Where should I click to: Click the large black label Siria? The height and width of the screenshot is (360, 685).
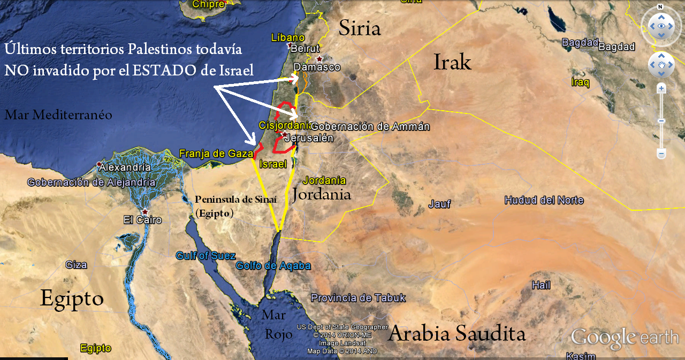(359, 28)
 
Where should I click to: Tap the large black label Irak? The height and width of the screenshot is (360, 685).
(452, 62)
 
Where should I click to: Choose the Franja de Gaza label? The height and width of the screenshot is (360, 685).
(216, 154)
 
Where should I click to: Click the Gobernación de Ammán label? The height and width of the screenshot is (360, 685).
(370, 127)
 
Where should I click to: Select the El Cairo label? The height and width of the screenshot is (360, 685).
(142, 219)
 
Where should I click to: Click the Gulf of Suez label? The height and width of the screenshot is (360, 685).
(205, 256)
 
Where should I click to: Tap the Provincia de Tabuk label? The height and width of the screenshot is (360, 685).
(358, 298)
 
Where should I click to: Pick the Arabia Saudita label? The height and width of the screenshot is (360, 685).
(456, 334)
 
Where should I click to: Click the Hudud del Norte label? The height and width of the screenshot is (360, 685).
(544, 201)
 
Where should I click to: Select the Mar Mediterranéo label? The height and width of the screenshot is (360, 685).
(58, 114)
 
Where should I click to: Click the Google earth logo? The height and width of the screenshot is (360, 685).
(625, 338)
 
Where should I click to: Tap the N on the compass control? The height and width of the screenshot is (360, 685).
(660, 7)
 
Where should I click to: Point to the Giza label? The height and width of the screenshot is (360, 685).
(76, 264)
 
